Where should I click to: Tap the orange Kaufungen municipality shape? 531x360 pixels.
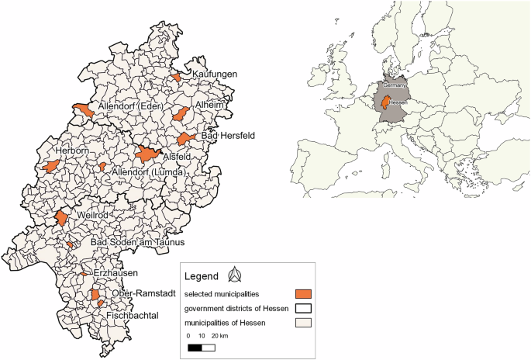point(177,78)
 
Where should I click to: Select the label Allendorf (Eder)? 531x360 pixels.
point(136,106)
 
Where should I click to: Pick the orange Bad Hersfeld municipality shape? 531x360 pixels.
point(185,139)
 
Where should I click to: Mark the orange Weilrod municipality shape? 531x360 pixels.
point(61,219)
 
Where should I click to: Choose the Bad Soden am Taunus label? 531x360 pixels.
point(137,243)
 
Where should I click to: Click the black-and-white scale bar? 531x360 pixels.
point(202,348)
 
